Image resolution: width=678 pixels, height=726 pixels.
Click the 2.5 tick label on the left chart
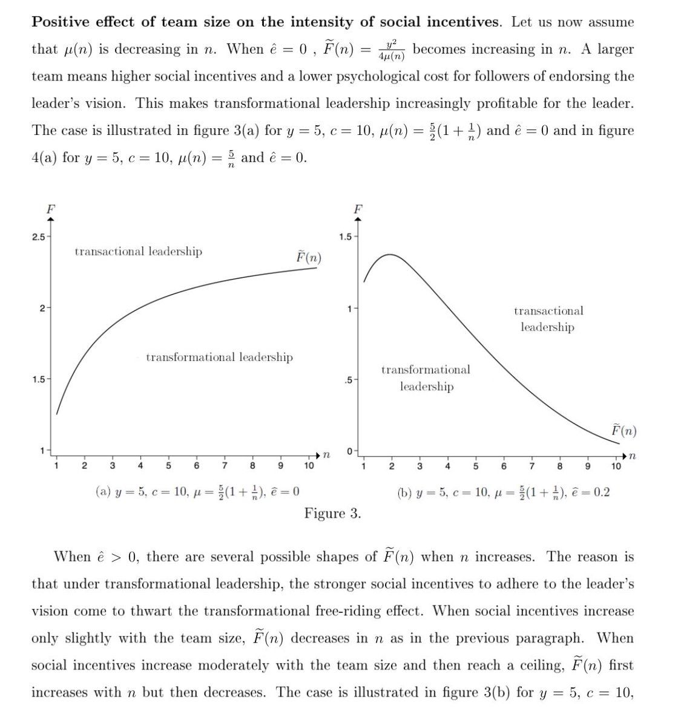tap(38, 236)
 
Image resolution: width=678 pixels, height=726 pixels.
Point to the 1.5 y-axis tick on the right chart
tap(344, 236)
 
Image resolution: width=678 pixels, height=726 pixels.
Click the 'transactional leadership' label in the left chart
tap(138, 251)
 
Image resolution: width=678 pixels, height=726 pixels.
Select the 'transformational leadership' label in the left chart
tap(219, 357)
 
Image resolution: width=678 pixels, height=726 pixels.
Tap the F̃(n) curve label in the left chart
tap(309, 257)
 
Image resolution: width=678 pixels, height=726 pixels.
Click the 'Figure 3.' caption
tap(332, 514)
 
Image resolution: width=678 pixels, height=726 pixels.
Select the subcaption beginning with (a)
tap(198, 491)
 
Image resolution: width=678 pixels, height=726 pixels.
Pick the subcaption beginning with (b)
tap(504, 492)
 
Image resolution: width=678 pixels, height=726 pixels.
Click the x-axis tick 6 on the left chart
tap(197, 465)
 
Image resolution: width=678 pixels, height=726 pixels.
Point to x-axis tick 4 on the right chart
tap(447, 466)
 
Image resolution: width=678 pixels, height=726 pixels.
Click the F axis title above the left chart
tap(51, 208)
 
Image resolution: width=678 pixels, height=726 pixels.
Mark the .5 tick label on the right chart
tap(347, 380)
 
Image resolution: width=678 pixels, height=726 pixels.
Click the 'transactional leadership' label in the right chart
tap(548, 319)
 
